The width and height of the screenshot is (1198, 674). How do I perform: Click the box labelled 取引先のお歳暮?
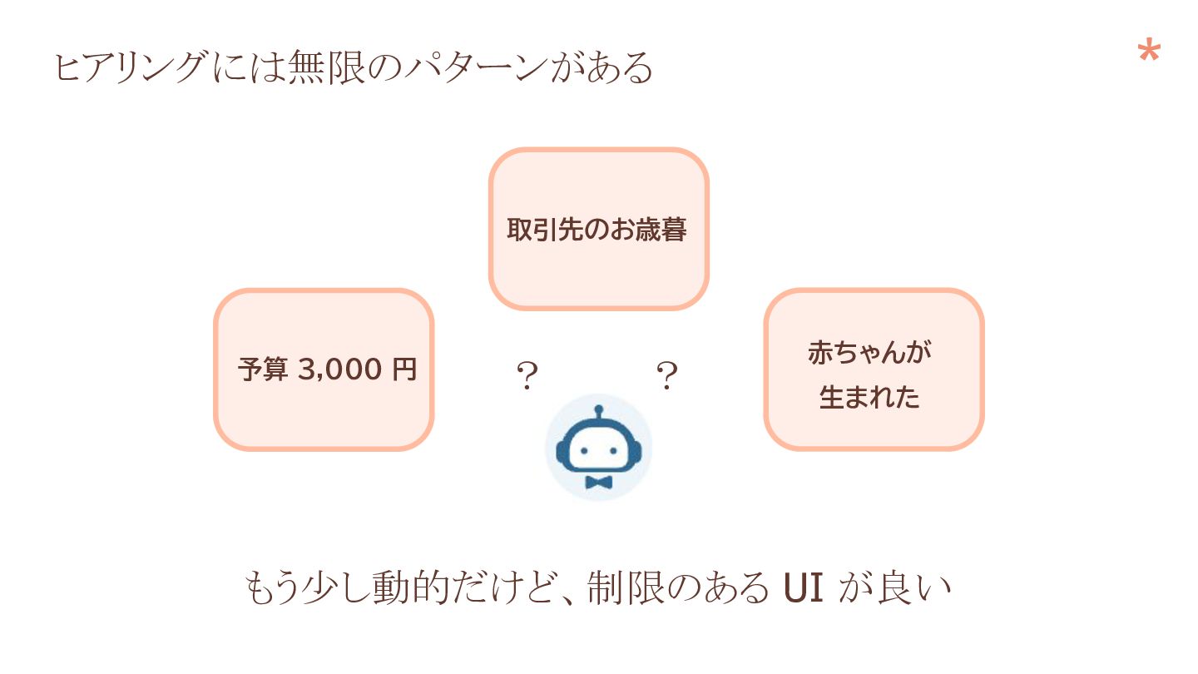(x=597, y=229)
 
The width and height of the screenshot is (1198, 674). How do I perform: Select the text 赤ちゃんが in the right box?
(x=869, y=353)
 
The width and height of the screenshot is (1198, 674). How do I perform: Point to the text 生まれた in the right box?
(x=869, y=397)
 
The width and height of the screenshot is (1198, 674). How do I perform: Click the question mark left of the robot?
(x=527, y=377)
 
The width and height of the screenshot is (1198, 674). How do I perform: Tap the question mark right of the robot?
(x=666, y=377)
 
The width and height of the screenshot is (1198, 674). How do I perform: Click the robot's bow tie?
(x=598, y=483)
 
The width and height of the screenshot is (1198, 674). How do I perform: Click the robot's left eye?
(x=584, y=450)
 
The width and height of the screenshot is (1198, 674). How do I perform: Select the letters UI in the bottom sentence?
(x=804, y=588)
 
